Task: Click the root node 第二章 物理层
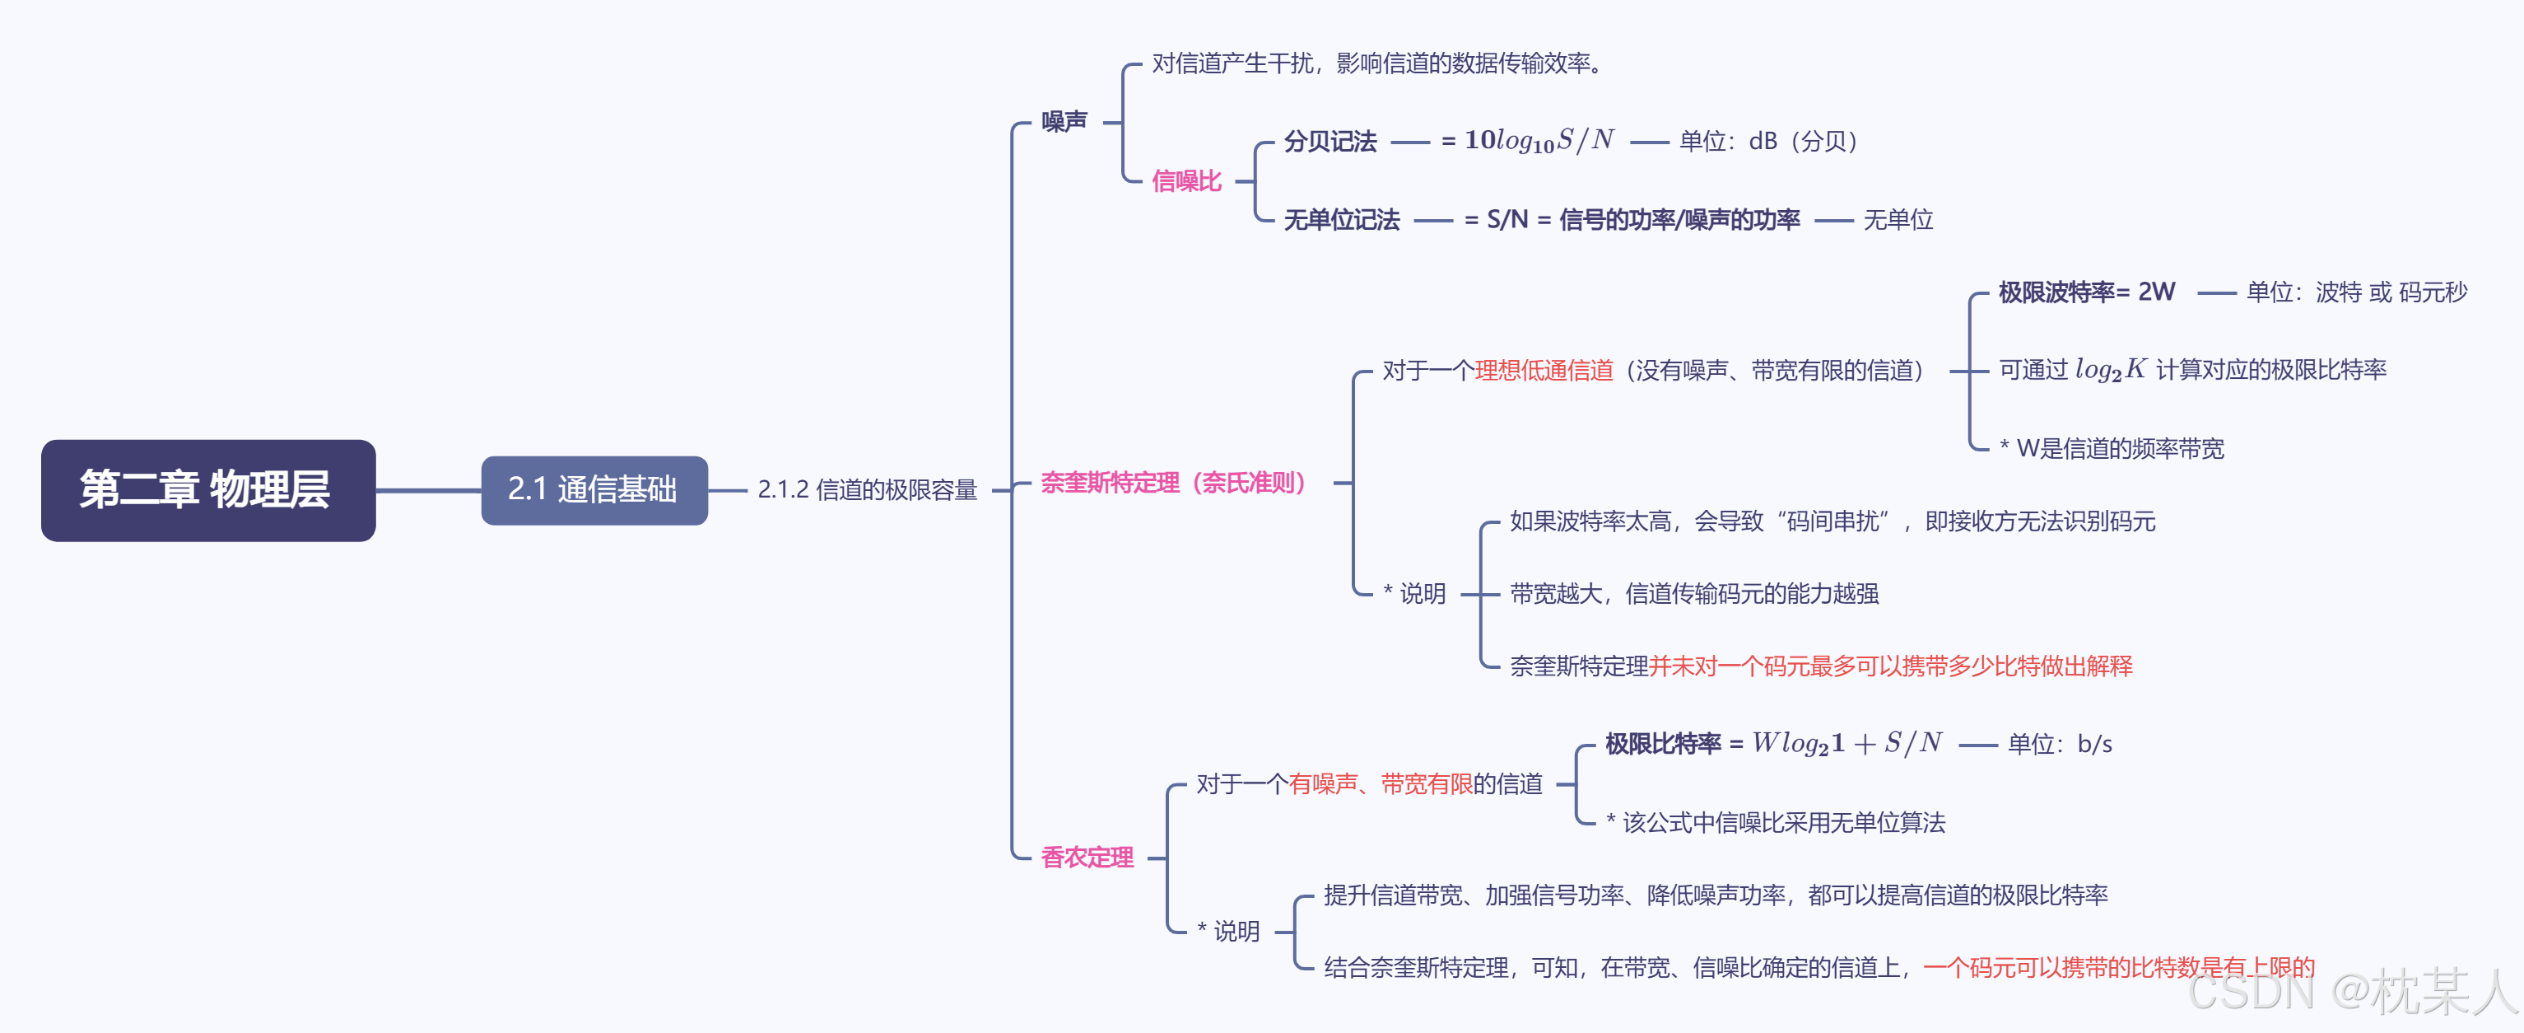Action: tap(207, 490)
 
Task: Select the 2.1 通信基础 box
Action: tap(594, 490)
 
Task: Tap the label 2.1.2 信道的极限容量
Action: tap(867, 490)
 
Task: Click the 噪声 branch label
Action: tap(1064, 122)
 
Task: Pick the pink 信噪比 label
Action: tap(1186, 181)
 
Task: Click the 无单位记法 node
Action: tap(1341, 221)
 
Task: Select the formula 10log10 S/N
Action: tap(1539, 141)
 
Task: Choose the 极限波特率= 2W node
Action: tap(2086, 292)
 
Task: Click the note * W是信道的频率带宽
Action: tap(2112, 449)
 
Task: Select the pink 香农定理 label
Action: tap(1087, 858)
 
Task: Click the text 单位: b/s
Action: tap(2060, 745)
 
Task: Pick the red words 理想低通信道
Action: tap(1544, 371)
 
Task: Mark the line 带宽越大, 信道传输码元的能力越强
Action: tap(1694, 594)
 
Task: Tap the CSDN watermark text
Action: tap(2352, 992)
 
